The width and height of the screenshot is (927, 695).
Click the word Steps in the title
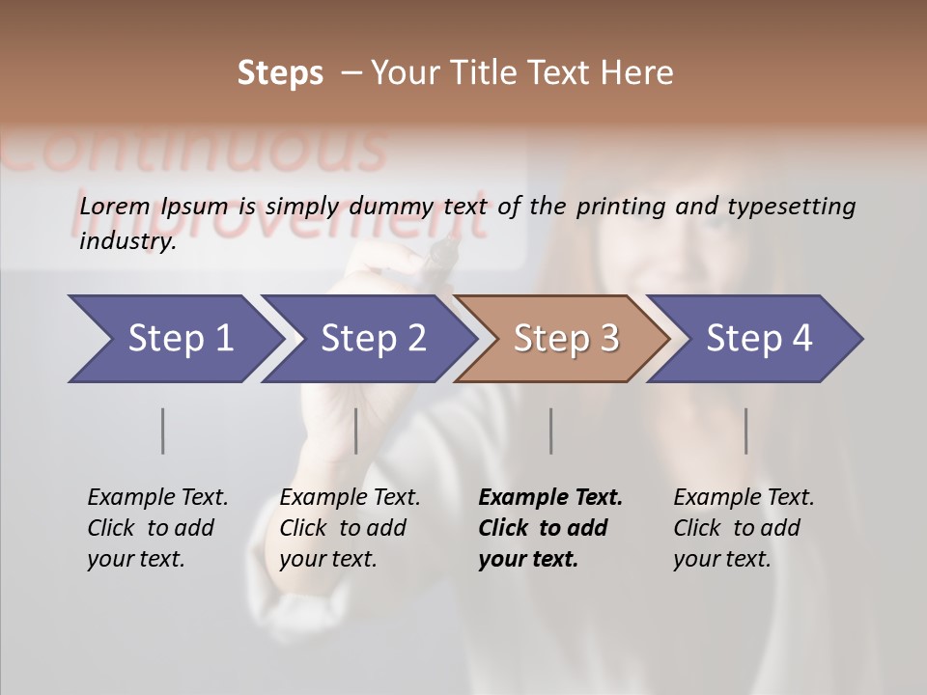[280, 73]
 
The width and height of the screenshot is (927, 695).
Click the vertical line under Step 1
[163, 431]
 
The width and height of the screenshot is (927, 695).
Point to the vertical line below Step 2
[356, 431]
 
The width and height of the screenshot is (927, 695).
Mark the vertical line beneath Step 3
[551, 431]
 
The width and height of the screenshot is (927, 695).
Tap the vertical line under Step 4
[746, 431]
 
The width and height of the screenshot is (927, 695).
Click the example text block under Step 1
[157, 528]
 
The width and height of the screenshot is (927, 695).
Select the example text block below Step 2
[350, 528]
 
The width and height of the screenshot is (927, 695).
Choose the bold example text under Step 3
[550, 528]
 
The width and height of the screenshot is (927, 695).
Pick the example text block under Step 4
[744, 528]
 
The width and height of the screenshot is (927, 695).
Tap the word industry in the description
[127, 241]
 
